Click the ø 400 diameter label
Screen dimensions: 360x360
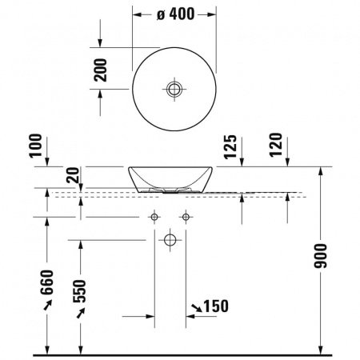click(174, 15)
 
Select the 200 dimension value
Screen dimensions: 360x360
click(100, 75)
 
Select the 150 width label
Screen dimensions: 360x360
click(214, 306)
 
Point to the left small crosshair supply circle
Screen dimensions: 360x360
click(154, 217)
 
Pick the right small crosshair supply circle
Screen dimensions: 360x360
click(186, 217)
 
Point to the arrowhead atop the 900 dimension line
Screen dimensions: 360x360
click(322, 170)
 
